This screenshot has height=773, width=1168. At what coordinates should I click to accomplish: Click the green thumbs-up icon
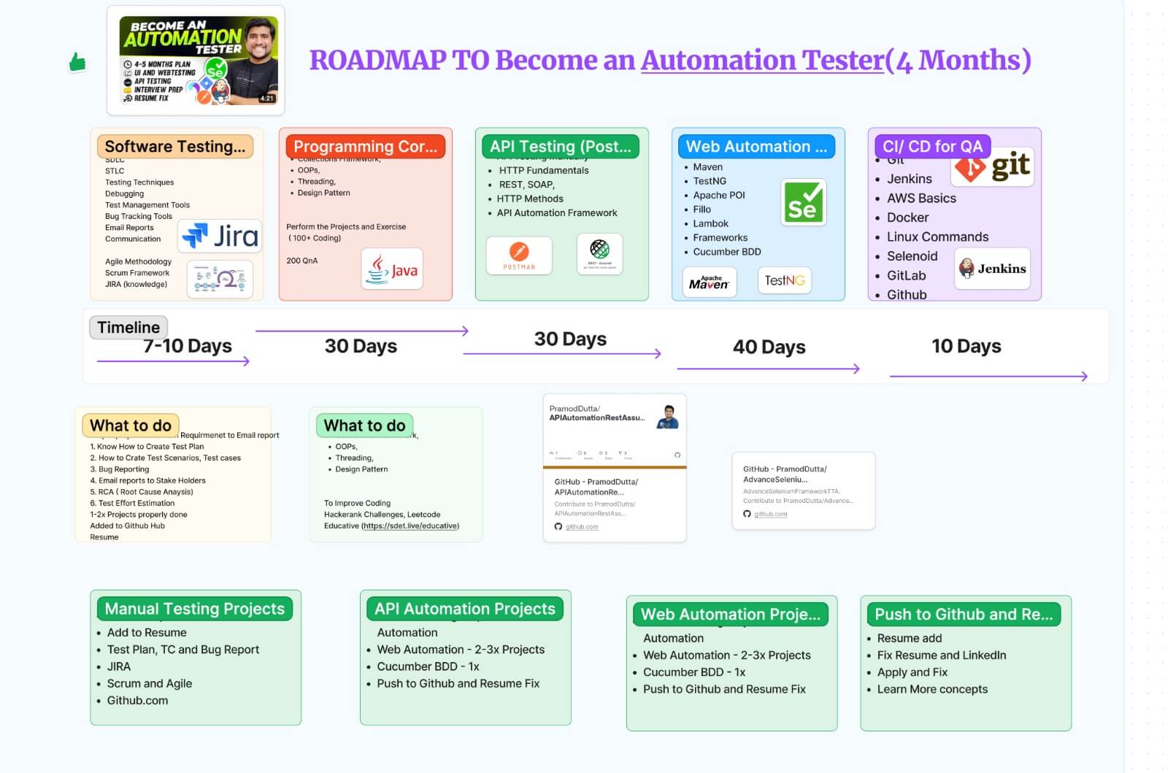(x=77, y=63)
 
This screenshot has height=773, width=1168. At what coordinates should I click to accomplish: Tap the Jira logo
(x=220, y=236)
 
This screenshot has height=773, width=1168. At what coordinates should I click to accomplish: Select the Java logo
(x=392, y=270)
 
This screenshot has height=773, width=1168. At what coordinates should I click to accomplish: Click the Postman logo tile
(x=519, y=255)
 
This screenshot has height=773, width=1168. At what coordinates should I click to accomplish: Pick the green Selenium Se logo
(x=803, y=202)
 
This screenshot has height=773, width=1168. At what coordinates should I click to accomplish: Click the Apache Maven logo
(x=709, y=282)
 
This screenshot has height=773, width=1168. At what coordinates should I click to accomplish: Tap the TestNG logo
(x=784, y=280)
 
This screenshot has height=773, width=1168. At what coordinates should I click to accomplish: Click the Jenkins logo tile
(x=992, y=269)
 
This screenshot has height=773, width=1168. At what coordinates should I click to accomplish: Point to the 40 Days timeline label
(x=769, y=347)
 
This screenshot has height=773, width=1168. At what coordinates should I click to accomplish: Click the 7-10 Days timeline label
(x=188, y=346)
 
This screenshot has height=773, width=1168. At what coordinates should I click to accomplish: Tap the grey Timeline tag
(x=128, y=327)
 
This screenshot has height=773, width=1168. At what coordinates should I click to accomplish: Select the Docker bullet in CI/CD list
(x=907, y=218)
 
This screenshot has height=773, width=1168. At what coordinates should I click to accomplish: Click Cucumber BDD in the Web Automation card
(x=726, y=252)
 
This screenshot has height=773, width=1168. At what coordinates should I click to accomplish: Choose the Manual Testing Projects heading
(x=194, y=608)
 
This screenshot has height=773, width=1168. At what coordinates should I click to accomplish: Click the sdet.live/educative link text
(x=411, y=526)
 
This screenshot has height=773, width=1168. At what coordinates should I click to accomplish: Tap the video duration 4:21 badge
(x=267, y=98)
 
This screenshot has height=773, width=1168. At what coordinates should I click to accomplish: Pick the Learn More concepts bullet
(x=931, y=689)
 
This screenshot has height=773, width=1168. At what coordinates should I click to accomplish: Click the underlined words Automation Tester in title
(x=762, y=61)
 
